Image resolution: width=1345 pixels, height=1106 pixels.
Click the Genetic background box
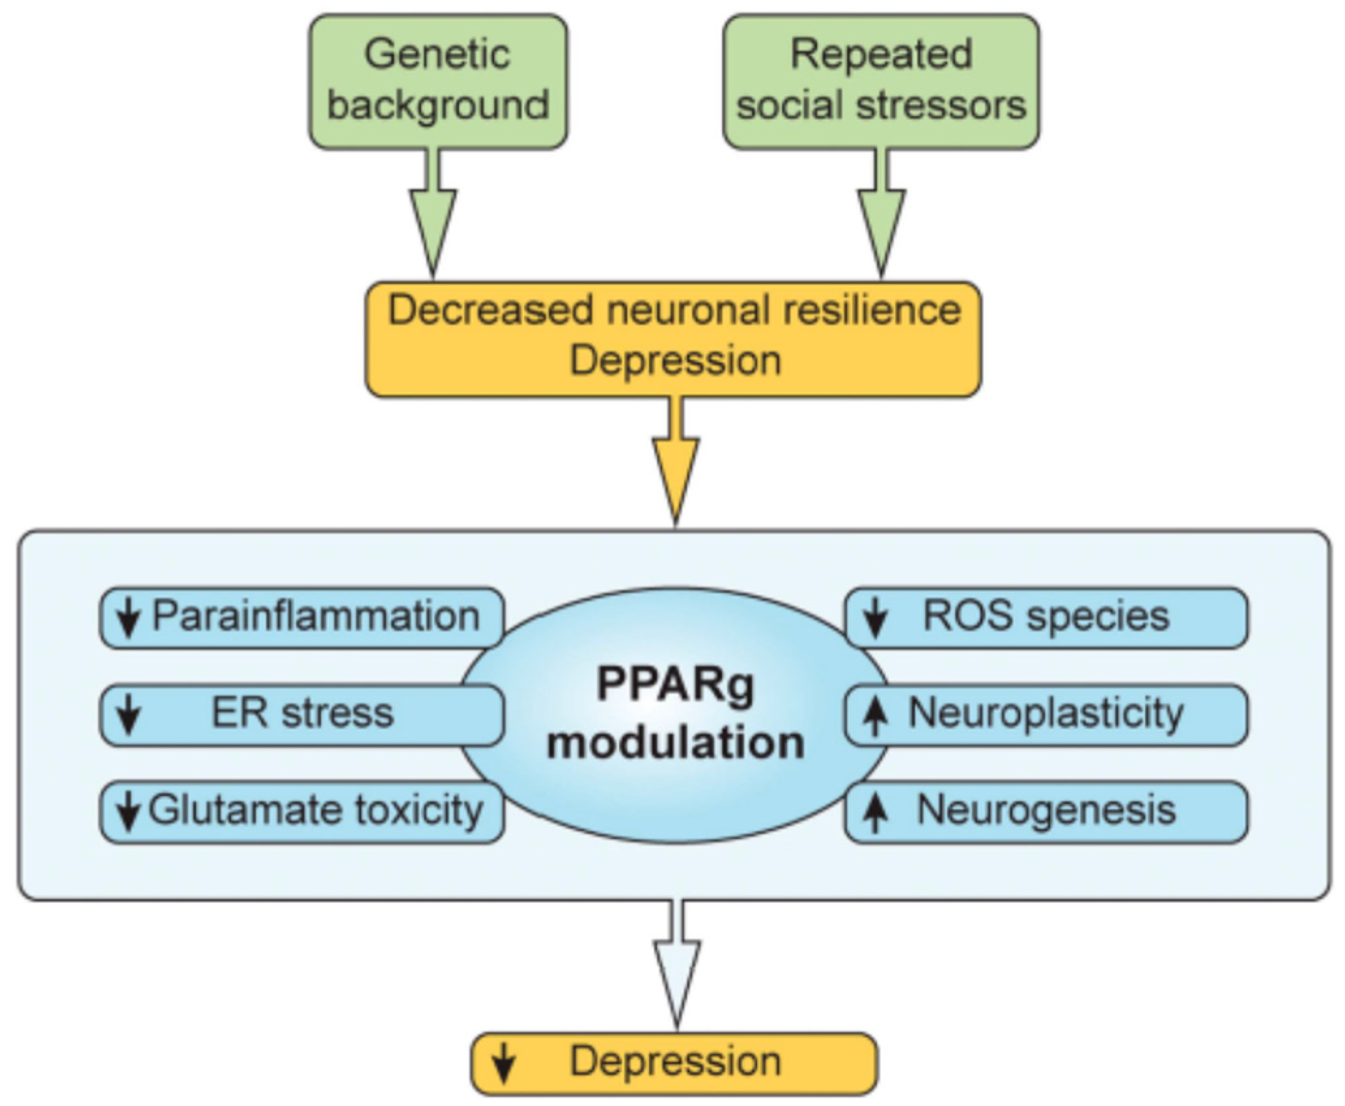438,82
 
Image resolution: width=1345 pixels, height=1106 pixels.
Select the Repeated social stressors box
881,82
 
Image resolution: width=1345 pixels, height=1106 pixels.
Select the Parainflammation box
301,618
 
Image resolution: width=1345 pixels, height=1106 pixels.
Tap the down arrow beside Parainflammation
129,618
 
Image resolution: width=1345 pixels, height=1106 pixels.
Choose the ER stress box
301,715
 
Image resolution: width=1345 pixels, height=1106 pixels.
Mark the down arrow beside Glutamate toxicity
129,812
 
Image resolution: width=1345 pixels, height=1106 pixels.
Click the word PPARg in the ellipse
676,685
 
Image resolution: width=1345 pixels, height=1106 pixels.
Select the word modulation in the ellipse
676,743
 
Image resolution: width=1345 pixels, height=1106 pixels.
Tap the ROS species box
1046,618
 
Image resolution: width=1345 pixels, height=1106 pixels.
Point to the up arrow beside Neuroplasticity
876,716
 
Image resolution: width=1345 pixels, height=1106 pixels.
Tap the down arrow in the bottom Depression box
503,1064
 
